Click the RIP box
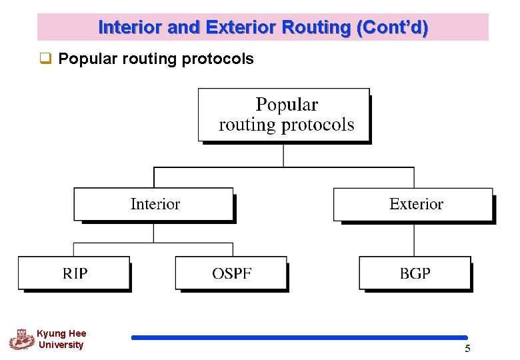[74, 273]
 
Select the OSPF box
[231, 273]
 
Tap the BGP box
[415, 273]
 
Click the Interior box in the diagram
[154, 205]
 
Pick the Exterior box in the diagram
[414, 205]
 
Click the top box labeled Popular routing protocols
[284, 115]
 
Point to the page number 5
[467, 349]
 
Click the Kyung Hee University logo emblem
[21, 339]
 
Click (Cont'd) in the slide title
[393, 28]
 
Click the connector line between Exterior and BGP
[414, 239]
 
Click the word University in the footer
[61, 345]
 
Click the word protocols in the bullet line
[217, 59]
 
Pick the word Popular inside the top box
[287, 105]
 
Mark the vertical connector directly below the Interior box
[154, 232]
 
